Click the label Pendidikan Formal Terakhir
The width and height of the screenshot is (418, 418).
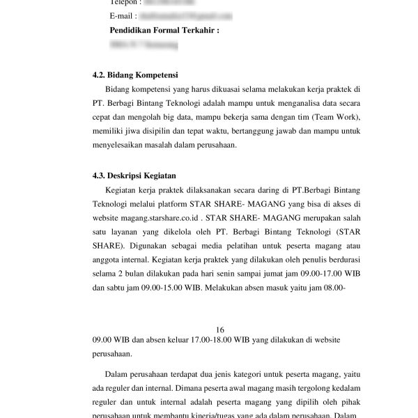click(x=164, y=31)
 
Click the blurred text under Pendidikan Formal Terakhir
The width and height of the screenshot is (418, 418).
click(x=144, y=45)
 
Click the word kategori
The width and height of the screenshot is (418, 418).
click(x=249, y=376)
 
